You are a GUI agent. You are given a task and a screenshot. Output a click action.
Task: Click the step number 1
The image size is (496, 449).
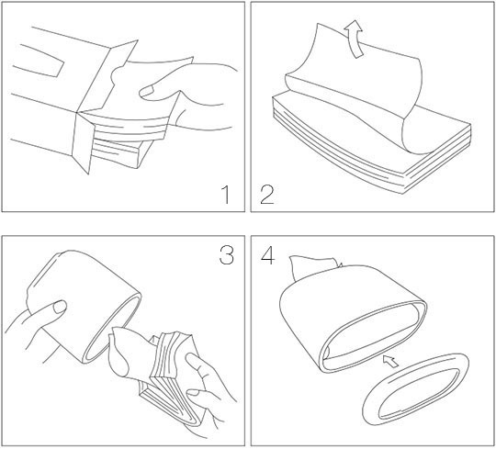click(226, 195)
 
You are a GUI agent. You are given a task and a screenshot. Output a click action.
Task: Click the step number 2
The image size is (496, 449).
click(266, 195)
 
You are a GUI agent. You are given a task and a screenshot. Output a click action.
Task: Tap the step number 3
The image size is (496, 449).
click(227, 255)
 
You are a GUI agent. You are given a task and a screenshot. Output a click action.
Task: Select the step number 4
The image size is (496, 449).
click(268, 255)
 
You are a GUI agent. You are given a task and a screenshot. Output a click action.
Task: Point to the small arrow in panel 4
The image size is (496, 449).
click(390, 361)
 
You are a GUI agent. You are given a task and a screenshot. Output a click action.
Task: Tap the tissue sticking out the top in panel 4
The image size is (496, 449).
click(315, 267)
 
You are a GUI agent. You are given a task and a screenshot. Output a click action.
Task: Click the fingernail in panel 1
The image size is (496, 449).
click(146, 91)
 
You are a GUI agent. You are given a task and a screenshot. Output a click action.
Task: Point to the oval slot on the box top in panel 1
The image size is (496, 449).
click(39, 61)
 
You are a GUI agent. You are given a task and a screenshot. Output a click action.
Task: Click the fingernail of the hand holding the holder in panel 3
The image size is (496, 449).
click(60, 307)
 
